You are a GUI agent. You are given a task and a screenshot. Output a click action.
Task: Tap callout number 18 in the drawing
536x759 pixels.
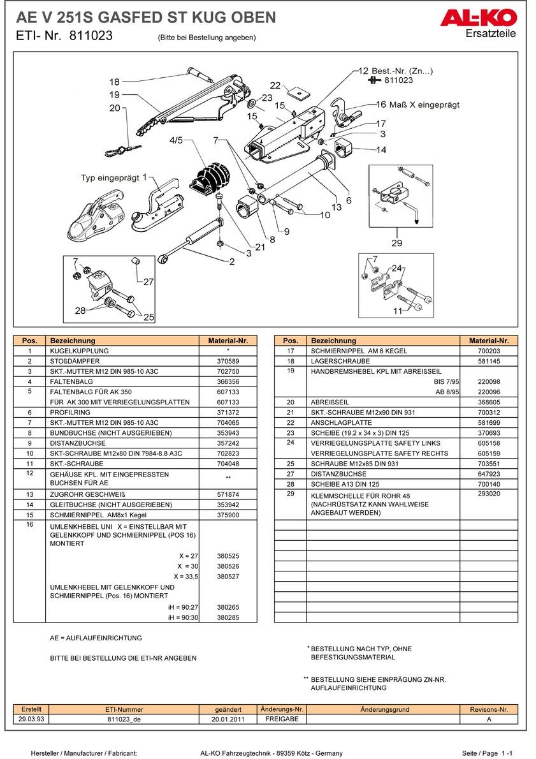[x=114, y=82]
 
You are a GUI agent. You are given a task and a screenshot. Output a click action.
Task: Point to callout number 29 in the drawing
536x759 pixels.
[x=397, y=243]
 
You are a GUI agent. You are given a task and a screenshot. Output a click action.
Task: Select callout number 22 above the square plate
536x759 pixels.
[x=275, y=85]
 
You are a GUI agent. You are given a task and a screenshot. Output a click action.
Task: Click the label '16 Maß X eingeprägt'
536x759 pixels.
[x=417, y=105]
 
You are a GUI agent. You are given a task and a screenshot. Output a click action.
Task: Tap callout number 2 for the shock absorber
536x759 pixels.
[x=232, y=262]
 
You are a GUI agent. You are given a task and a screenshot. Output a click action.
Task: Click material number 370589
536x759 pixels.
[x=228, y=361]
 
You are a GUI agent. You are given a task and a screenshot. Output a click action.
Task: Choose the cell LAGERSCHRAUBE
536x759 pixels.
[x=340, y=361]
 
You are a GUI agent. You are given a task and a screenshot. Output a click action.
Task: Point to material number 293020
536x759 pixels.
[x=489, y=494]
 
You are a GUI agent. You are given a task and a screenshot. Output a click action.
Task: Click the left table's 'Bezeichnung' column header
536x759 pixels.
[x=73, y=341]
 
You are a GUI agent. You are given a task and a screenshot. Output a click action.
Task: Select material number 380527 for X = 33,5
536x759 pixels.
[x=228, y=576]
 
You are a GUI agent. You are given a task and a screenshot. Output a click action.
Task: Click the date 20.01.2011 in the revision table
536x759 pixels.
[x=229, y=719]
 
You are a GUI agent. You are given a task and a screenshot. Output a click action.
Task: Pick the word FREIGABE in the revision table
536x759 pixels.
[x=282, y=719]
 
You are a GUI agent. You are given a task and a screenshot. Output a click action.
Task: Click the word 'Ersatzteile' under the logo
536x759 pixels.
[x=491, y=34]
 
